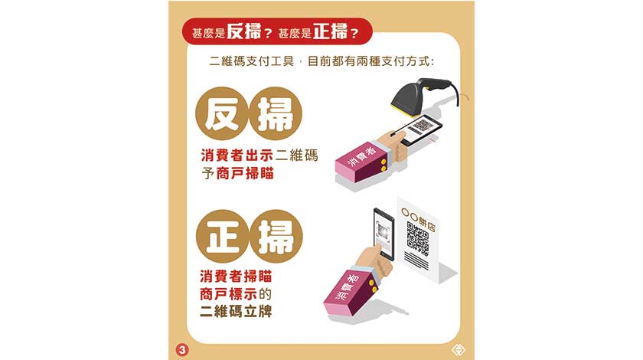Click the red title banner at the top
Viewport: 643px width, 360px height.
click(x=277, y=31)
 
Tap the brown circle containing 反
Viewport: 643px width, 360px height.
click(x=222, y=113)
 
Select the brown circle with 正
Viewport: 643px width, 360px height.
click(x=223, y=237)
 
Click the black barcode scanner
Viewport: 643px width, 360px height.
click(x=423, y=94)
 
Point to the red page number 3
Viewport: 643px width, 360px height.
click(x=182, y=350)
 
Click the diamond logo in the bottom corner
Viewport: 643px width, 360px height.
click(x=458, y=350)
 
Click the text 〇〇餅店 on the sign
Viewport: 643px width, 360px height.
click(x=418, y=218)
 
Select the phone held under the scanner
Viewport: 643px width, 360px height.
click(x=420, y=129)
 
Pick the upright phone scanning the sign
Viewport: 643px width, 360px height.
click(x=384, y=234)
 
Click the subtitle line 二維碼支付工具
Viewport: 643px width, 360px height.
click(x=251, y=61)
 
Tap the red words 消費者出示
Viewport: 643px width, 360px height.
click(x=237, y=155)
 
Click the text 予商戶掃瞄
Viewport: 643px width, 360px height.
click(x=237, y=174)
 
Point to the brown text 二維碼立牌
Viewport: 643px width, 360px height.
click(x=236, y=312)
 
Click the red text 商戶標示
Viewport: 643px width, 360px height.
click(x=228, y=294)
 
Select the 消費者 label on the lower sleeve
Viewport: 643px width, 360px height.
click(x=348, y=286)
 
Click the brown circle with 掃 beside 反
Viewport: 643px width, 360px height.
click(x=275, y=113)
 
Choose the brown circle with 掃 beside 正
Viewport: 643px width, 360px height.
click(x=276, y=237)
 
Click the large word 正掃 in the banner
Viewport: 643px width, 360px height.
click(x=330, y=31)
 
